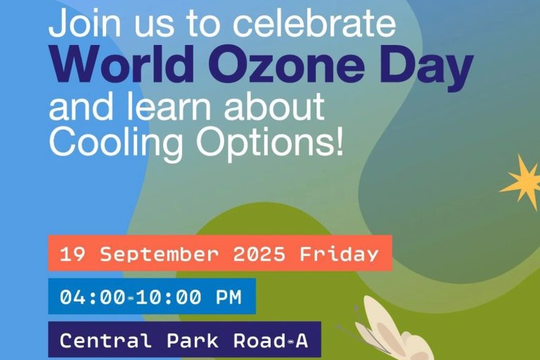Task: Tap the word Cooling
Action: tap(116, 142)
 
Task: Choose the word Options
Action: tap(264, 142)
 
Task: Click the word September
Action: tap(160, 255)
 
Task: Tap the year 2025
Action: tap(259, 255)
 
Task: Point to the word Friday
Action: tap(339, 255)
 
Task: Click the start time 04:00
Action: tap(93, 297)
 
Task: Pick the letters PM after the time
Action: tap(229, 297)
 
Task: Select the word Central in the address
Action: tap(105, 340)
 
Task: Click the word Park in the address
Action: tap(193, 340)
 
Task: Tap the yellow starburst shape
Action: tap(522, 182)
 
